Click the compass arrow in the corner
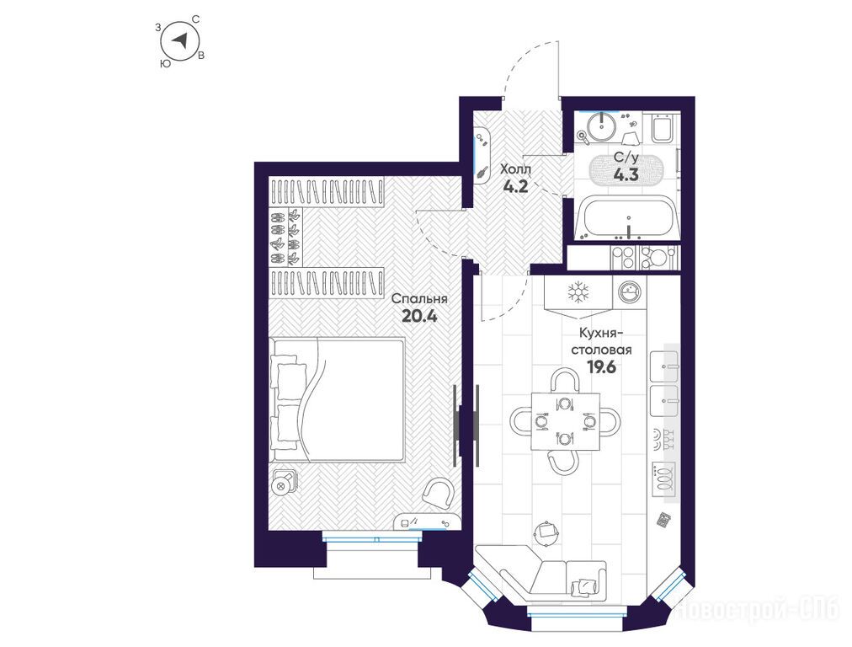[181, 40]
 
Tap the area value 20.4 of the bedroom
[419, 316]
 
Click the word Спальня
[419, 298]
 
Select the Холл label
[515, 168]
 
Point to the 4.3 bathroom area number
[626, 174]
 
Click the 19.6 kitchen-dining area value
[601, 367]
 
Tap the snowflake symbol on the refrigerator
[578, 292]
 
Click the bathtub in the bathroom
[626, 218]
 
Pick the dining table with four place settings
[566, 421]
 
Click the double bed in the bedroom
[337, 399]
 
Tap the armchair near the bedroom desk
[439, 492]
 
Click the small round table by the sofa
[546, 530]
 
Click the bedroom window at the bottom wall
[371, 537]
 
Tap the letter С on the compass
[196, 19]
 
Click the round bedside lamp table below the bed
[283, 484]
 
